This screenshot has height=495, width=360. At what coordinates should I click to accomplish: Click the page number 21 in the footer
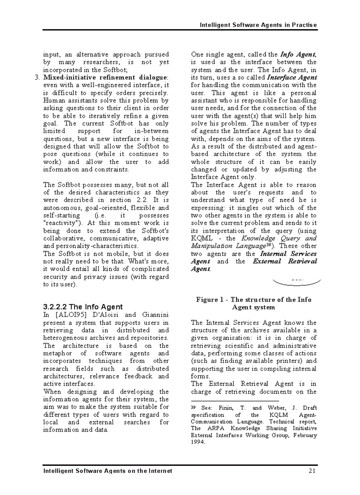[312, 471]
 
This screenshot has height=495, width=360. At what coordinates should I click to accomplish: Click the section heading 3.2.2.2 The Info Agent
[83, 307]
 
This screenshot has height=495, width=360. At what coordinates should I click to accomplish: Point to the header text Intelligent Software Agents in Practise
[258, 25]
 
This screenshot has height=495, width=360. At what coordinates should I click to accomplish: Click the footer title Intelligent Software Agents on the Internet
[107, 471]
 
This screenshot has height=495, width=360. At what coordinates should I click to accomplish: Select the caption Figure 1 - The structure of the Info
[254, 300]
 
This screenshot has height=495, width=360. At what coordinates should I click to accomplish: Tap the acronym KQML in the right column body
[201, 238]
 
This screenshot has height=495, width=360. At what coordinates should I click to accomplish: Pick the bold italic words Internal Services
[288, 254]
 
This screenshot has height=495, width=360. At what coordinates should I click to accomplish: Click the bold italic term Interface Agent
[292, 78]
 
